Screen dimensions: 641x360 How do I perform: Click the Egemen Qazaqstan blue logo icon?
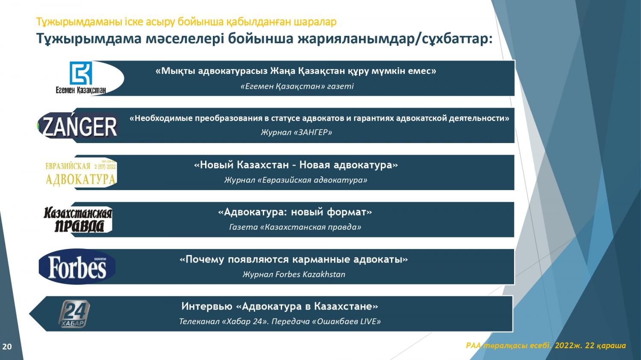click(x=81, y=73)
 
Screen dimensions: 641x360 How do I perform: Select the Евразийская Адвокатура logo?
click(x=81, y=173)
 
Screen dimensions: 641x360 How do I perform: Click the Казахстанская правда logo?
click(x=77, y=220)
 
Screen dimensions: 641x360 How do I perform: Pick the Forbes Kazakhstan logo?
click(x=77, y=266)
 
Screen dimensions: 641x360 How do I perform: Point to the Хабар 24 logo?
click(x=74, y=314)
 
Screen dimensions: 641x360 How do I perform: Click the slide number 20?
click(x=7, y=347)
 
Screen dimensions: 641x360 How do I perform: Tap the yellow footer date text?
click(x=546, y=345)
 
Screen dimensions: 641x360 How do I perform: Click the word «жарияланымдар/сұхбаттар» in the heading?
click(x=395, y=38)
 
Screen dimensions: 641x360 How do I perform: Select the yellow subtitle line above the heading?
click(x=186, y=22)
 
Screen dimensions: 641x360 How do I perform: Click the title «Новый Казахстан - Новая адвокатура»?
click(x=296, y=165)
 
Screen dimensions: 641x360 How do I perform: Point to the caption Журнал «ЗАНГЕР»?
click(x=296, y=132)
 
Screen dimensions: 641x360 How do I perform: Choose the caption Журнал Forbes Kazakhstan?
click(x=294, y=274)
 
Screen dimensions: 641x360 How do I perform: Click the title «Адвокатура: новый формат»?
click(x=295, y=212)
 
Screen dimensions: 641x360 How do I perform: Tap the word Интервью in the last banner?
click(x=207, y=306)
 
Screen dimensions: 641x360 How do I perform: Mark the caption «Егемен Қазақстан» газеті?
click(x=297, y=86)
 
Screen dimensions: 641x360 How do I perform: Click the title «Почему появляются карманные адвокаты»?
click(x=294, y=259)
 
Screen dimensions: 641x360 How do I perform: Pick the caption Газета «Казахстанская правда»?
click(x=295, y=227)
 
